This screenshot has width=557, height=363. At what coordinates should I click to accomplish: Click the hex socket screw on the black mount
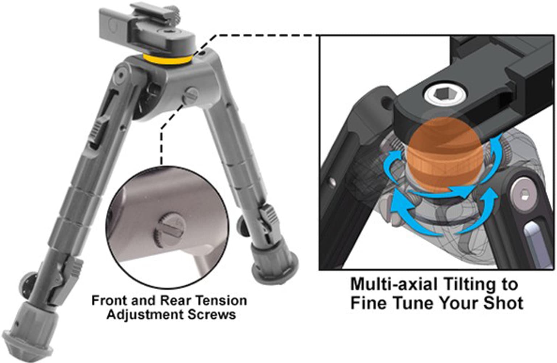click(x=445, y=95)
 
